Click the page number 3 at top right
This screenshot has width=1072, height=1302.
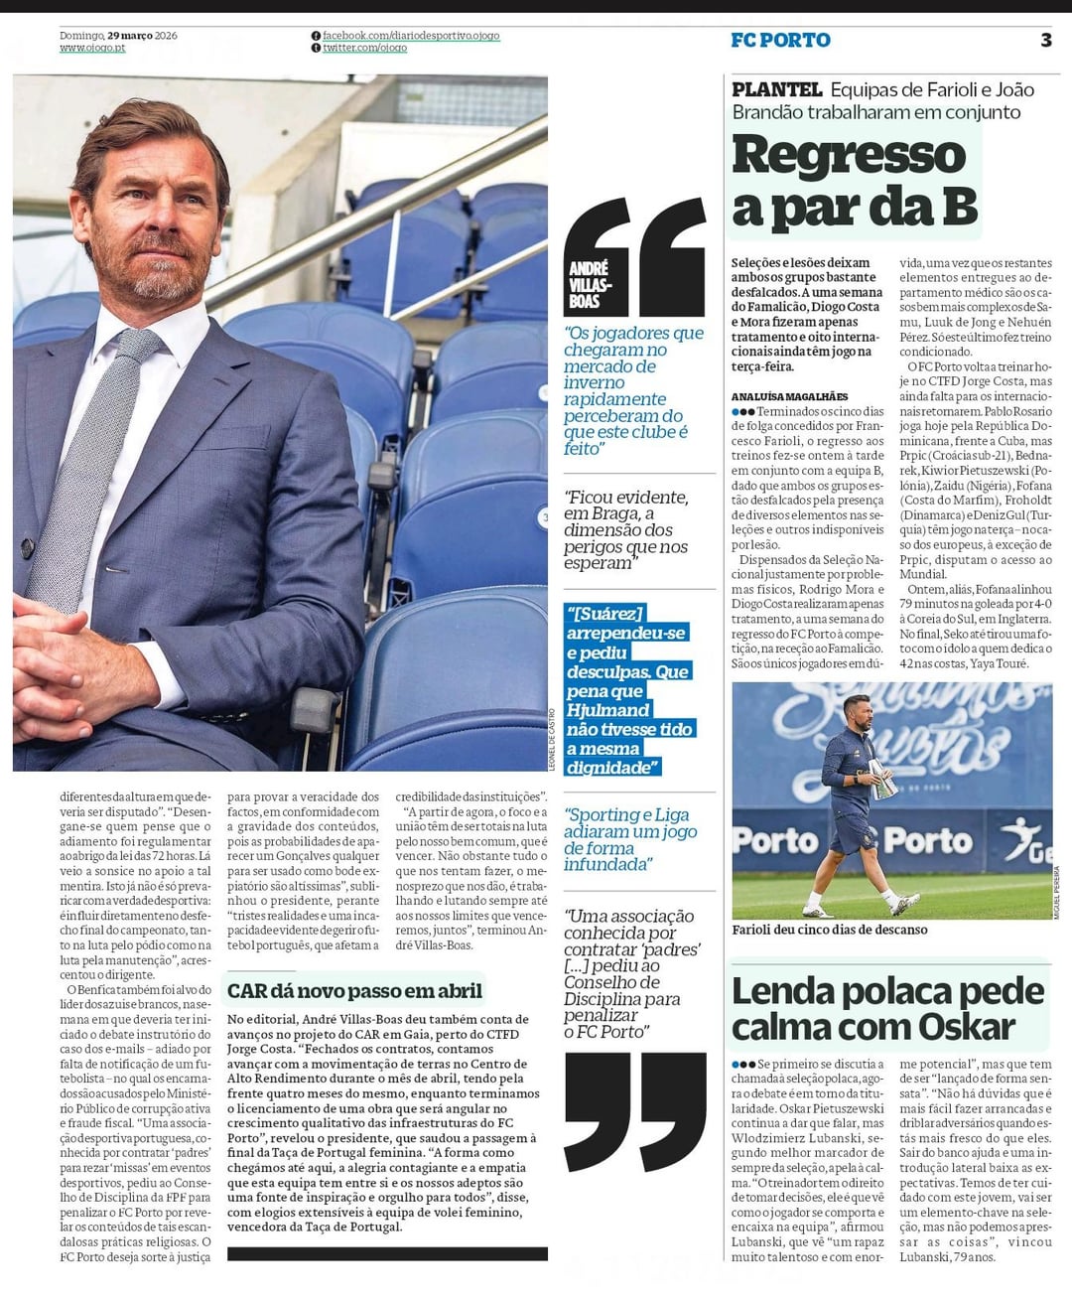pos(1045,40)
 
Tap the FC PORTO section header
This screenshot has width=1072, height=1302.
pos(780,41)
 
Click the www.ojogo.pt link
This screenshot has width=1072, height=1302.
pos(92,48)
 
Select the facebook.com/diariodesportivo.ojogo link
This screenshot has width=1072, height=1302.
pos(410,36)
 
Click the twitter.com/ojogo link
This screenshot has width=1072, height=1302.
pos(364,48)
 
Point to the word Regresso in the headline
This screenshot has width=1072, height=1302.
pos(849,156)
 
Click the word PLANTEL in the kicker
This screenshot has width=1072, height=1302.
pos(776,90)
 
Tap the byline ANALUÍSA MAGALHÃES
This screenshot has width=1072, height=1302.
pos(789,396)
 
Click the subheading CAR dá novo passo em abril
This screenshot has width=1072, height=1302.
pos(354,990)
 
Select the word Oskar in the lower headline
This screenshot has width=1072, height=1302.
pos(966,1026)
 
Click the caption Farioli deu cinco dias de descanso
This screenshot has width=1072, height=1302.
pos(830,930)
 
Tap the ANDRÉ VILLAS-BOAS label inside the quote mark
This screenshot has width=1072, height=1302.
pos(588,284)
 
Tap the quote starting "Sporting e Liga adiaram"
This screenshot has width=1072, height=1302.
pos(630,839)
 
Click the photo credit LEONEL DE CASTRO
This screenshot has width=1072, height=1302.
pos(551,739)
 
